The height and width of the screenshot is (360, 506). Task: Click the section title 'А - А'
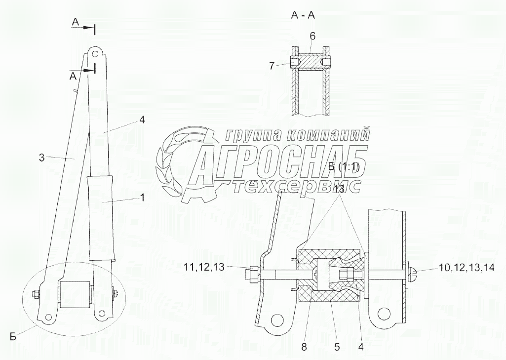(303, 15)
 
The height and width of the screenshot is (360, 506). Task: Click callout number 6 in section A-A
(312, 36)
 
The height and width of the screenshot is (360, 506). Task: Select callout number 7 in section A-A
(272, 66)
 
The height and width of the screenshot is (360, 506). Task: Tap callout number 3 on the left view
(41, 158)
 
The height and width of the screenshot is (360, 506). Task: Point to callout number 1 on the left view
(142, 198)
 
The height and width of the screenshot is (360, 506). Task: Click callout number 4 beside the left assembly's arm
(142, 120)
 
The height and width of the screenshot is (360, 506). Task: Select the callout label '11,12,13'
(204, 267)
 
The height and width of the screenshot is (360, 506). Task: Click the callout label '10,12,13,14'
(467, 267)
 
